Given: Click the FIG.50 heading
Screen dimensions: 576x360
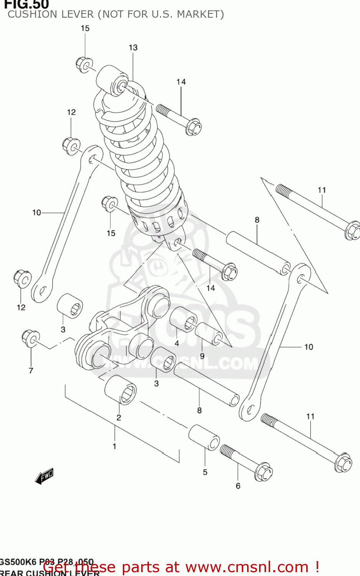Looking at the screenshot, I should pyautogui.click(x=26, y=5).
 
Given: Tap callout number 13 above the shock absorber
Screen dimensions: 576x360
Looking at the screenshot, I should pyautogui.click(x=133, y=47).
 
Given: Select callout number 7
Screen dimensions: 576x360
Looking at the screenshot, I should pyautogui.click(x=31, y=371).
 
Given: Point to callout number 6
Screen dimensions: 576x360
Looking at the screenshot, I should pyautogui.click(x=238, y=486).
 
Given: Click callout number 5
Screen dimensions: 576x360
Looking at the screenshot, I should pyautogui.click(x=205, y=472).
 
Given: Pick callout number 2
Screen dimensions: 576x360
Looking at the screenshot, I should pyautogui.click(x=119, y=417).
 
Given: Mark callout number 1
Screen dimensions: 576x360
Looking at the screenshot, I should pyautogui.click(x=114, y=446).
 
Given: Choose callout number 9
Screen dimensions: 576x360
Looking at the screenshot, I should pyautogui.click(x=202, y=356).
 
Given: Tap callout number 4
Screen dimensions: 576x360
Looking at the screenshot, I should pyautogui.click(x=177, y=343).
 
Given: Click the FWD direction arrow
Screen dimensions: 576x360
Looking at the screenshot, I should pyautogui.click(x=44, y=476).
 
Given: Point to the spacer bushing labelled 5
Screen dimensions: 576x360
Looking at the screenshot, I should pyautogui.click(x=204, y=437).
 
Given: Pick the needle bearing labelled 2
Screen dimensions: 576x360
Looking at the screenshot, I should pyautogui.click(x=121, y=390).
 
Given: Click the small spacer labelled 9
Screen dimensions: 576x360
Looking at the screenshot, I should pyautogui.click(x=208, y=333).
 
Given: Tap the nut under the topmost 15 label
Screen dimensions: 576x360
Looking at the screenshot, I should pyautogui.click(x=84, y=64).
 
